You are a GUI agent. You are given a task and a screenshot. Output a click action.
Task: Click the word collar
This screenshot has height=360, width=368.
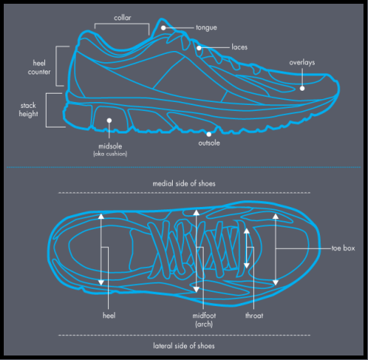point(122,18)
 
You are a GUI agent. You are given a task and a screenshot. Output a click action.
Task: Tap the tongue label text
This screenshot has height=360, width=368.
point(207,28)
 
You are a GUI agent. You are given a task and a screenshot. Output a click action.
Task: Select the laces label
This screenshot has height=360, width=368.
point(240,47)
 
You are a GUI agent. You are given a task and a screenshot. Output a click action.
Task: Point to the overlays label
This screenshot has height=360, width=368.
point(302,62)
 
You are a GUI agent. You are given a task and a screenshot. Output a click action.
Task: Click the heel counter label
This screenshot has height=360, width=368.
point(39,67)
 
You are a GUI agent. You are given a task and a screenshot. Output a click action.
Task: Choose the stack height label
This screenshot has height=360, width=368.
point(29,109)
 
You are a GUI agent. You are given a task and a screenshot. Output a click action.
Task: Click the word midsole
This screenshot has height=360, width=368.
point(110,146)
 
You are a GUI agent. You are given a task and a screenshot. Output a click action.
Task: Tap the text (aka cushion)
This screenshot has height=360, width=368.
point(110,154)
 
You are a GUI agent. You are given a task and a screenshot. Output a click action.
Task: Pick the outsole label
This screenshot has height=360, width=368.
point(209,143)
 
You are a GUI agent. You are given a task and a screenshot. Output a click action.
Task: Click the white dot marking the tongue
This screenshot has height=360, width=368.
point(163,28)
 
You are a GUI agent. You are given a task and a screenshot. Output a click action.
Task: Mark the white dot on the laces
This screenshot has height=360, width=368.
point(199,48)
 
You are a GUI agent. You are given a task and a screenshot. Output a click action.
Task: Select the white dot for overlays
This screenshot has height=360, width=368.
point(302,88)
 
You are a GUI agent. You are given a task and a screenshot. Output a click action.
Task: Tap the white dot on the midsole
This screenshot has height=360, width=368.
point(109,121)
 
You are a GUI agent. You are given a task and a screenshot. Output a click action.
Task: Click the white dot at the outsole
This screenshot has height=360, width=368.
point(209,134)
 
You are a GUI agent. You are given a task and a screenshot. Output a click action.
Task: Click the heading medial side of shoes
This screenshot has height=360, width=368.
point(184,184)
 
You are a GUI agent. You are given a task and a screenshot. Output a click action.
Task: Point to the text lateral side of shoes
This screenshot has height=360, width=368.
point(184,346)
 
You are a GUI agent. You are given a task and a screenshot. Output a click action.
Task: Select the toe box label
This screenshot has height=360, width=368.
point(343,248)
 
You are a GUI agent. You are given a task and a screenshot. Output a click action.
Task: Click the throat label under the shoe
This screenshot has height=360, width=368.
point(254,316)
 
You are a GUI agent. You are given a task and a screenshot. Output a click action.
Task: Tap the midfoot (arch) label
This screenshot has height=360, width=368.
point(204,319)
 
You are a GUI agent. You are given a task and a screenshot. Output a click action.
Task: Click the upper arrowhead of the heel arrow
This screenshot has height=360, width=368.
point(101,217)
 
